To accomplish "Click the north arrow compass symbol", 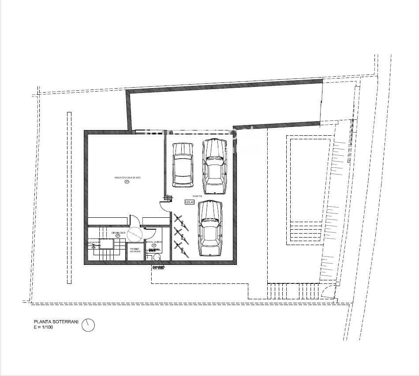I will pyautogui.click(x=88, y=325).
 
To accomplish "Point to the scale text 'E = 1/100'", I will pyautogui.click(x=44, y=328).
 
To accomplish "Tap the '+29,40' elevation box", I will pyautogui.click(x=189, y=202).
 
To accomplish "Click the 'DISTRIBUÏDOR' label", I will pyautogui.click(x=119, y=232).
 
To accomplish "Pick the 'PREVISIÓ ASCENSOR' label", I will pyautogui.click(x=135, y=250).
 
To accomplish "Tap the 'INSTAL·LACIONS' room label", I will pyautogui.click(x=153, y=242).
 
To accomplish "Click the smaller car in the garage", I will pyautogui.click(x=183, y=165).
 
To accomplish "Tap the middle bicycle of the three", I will pyautogui.click(x=180, y=234).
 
